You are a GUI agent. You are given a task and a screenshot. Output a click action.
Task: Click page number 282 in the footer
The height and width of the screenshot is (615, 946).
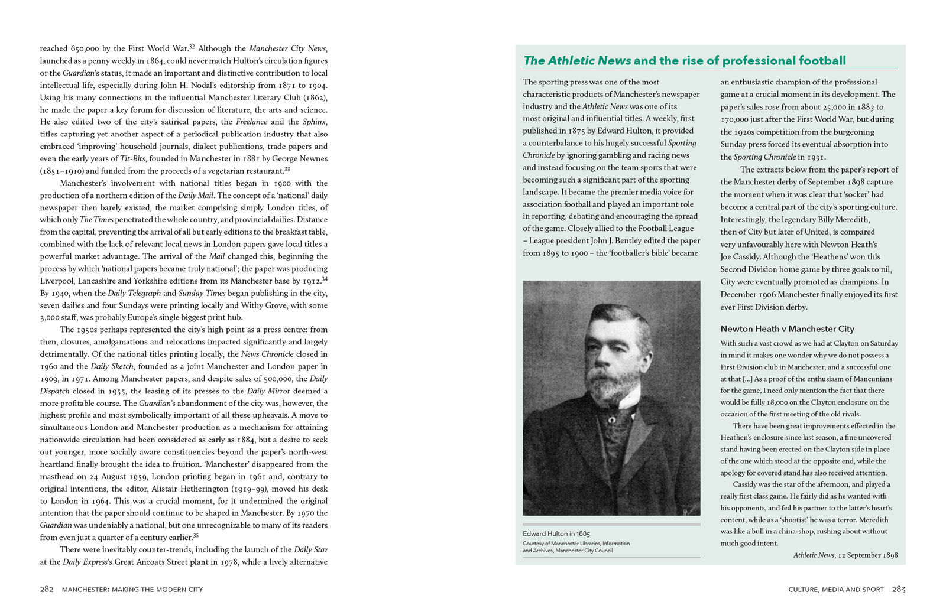point(47,589)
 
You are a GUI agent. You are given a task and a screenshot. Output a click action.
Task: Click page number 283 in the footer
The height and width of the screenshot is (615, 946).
point(899,589)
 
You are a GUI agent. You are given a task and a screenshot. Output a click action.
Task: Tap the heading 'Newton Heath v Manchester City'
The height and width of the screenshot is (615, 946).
point(787,329)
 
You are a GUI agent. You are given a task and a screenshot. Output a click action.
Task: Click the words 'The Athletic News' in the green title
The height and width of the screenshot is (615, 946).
point(577,61)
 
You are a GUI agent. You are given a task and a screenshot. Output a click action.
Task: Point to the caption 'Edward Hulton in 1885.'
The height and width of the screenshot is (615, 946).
point(557,533)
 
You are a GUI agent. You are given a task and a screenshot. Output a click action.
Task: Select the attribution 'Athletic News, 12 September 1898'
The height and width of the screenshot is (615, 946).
point(845,555)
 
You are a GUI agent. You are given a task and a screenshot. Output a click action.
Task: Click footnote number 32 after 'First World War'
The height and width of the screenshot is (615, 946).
point(192,47)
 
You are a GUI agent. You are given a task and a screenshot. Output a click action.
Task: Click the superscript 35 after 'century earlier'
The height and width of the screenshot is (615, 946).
point(196,535)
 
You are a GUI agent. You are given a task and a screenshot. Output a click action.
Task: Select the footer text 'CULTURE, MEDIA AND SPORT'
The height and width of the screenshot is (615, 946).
point(835,590)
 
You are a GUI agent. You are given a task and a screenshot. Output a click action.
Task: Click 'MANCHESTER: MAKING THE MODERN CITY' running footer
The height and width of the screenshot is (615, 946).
point(132,590)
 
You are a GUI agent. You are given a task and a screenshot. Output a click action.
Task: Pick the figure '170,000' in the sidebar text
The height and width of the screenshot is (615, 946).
point(734,119)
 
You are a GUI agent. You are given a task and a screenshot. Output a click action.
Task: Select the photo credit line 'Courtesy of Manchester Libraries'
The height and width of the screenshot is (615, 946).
point(576,544)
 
